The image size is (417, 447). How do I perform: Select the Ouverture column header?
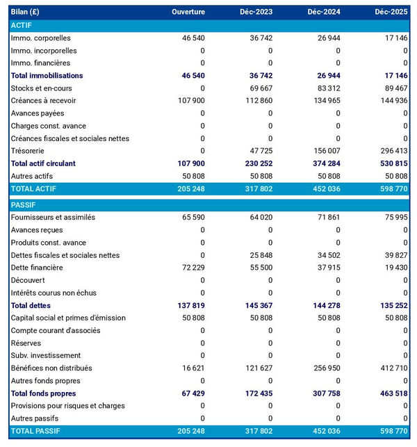point(188,12)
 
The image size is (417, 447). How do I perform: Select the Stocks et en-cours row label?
point(41,88)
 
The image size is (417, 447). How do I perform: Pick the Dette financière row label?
point(37,268)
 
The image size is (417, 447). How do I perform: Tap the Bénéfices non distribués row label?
point(51,368)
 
